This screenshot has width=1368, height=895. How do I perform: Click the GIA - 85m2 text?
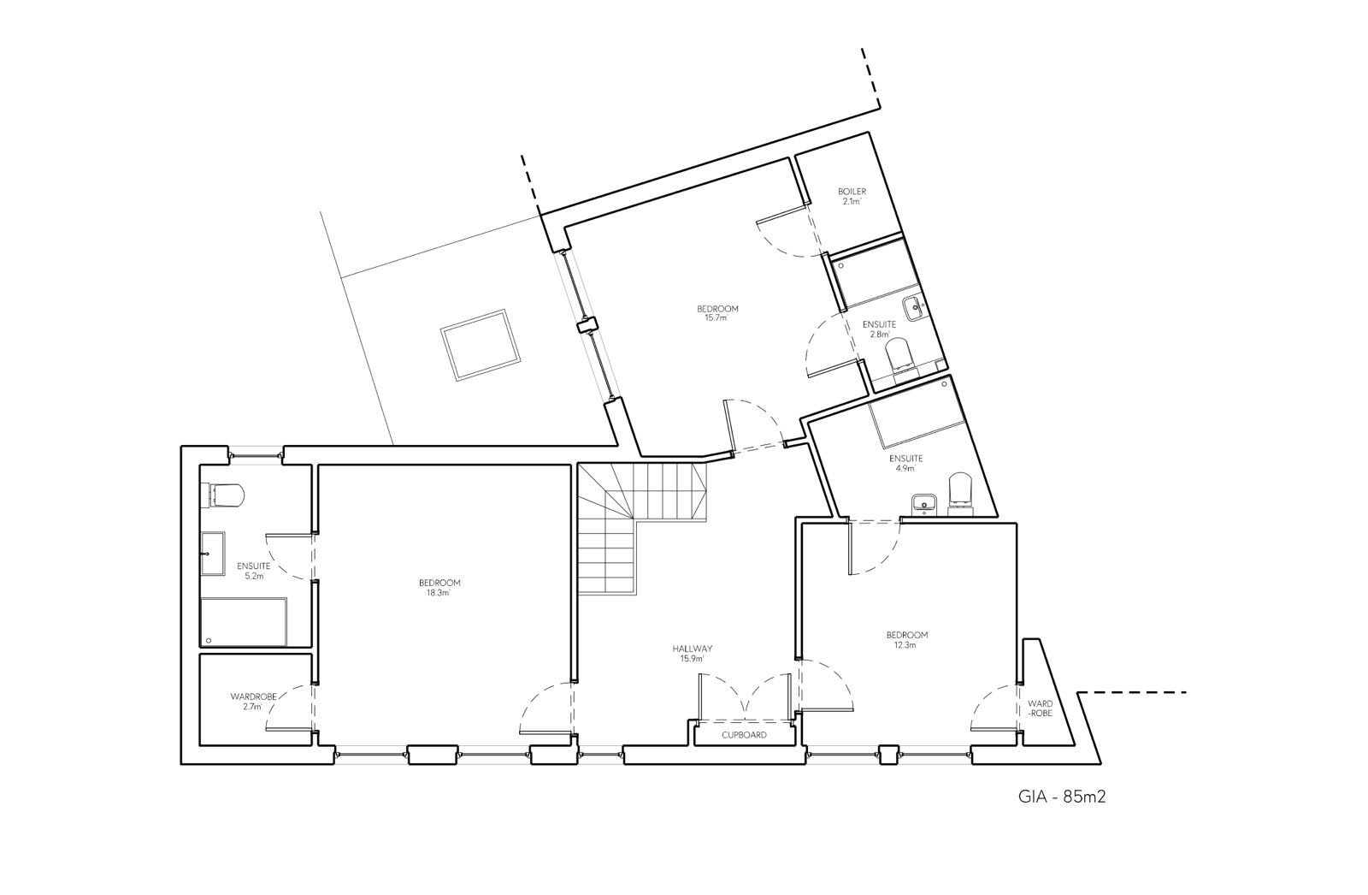(1061, 797)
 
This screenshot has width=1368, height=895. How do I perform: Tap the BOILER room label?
(852, 192)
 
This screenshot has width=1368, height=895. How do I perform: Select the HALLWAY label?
(693, 649)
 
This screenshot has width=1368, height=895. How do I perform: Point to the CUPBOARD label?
(744, 735)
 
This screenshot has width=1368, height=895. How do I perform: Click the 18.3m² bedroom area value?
(439, 592)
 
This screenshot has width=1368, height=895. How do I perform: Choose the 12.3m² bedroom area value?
(906, 644)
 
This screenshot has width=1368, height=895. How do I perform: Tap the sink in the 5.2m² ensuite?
(213, 554)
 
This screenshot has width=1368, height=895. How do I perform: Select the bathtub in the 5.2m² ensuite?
(244, 622)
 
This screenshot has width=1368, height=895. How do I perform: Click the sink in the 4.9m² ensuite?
(924, 504)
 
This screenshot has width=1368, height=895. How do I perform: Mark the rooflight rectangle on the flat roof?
(480, 345)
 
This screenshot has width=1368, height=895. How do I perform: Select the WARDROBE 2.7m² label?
(253, 702)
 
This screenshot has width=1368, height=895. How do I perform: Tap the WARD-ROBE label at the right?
(1040, 708)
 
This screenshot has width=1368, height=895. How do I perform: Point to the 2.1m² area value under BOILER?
(852, 201)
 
